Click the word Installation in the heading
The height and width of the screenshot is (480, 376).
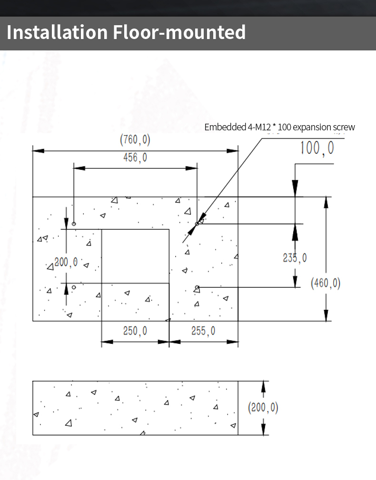click(57, 32)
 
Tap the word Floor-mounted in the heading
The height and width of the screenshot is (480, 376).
click(179, 32)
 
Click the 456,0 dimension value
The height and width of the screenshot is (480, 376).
click(135, 157)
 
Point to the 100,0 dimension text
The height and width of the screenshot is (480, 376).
click(317, 148)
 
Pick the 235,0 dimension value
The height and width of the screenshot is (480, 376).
click(295, 258)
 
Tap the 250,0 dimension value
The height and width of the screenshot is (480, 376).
click(135, 331)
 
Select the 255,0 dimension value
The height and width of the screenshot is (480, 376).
click(203, 331)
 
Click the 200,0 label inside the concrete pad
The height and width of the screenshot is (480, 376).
click(66, 262)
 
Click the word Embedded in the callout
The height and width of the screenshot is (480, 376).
click(225, 127)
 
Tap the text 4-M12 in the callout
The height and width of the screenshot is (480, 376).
click(259, 127)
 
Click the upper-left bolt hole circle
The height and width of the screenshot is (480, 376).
click(74, 224)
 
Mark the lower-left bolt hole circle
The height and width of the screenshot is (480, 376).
click(74, 287)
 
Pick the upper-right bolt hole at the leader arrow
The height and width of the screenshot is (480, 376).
click(197, 224)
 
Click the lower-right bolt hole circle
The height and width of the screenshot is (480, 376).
click(197, 287)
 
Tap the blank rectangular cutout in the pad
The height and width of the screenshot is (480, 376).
click(135, 256)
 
